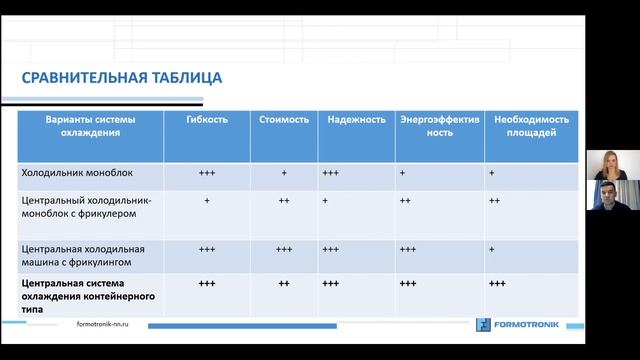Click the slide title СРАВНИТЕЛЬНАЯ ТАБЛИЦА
(122, 79)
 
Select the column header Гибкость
(207, 120)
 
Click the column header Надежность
(355, 120)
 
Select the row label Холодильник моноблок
(72, 173)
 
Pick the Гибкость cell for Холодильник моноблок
(207, 173)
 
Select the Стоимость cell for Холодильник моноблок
(284, 173)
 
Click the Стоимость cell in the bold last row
(284, 284)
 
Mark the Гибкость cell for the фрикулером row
(207, 201)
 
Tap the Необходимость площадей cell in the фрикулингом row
(497, 249)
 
